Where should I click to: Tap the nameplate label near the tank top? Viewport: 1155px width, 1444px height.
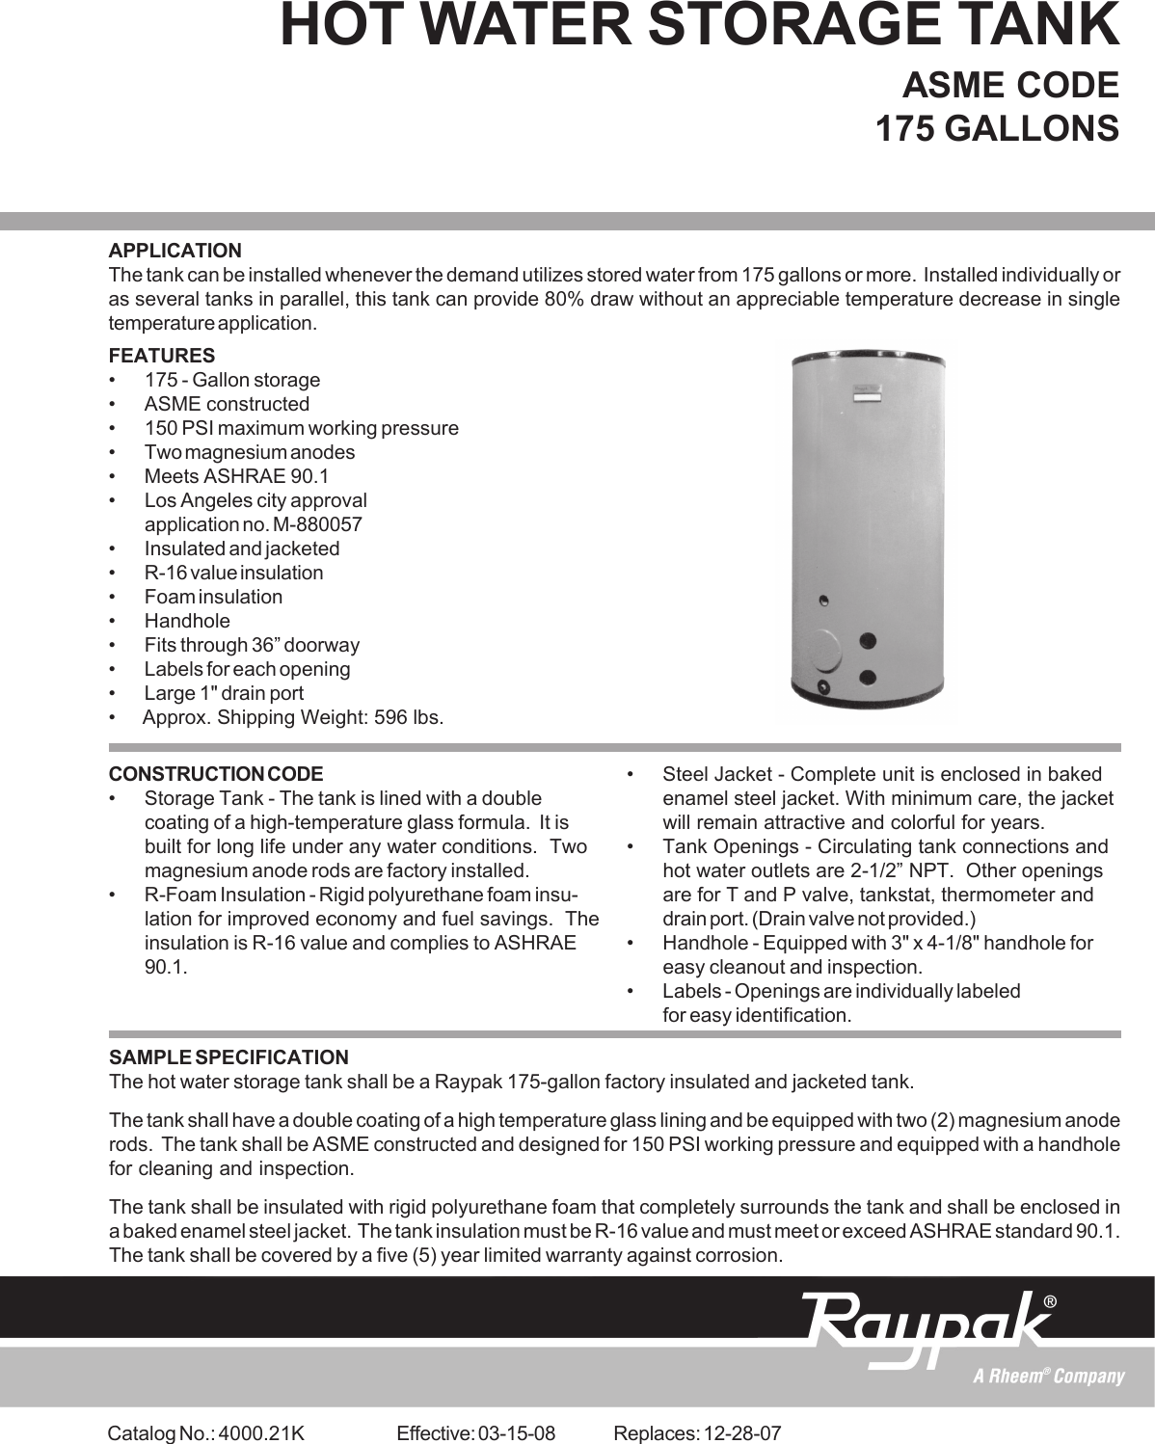pyautogui.click(x=867, y=393)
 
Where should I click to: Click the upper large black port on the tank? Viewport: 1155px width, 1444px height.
pyautogui.click(x=868, y=641)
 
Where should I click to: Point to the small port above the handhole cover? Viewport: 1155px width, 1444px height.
pyautogui.click(x=822, y=602)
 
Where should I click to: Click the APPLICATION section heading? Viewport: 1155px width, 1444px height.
pyautogui.click(x=175, y=251)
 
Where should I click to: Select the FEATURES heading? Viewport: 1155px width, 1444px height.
pyautogui.click(x=161, y=356)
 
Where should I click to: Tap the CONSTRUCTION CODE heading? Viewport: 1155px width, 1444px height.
pyautogui.click(x=216, y=774)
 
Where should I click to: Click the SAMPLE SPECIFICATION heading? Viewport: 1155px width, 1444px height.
pyautogui.click(x=228, y=1057)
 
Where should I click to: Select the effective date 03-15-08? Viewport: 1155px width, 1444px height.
pyautogui.click(x=517, y=1433)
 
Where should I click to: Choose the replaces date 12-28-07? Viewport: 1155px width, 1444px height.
pyautogui.click(x=742, y=1433)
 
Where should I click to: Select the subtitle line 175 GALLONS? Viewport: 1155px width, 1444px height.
pyautogui.click(x=997, y=128)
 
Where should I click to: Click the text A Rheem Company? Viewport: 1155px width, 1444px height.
pyautogui.click(x=1048, y=1377)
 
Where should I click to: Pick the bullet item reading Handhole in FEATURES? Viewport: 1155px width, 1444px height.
pyautogui.click(x=187, y=622)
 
